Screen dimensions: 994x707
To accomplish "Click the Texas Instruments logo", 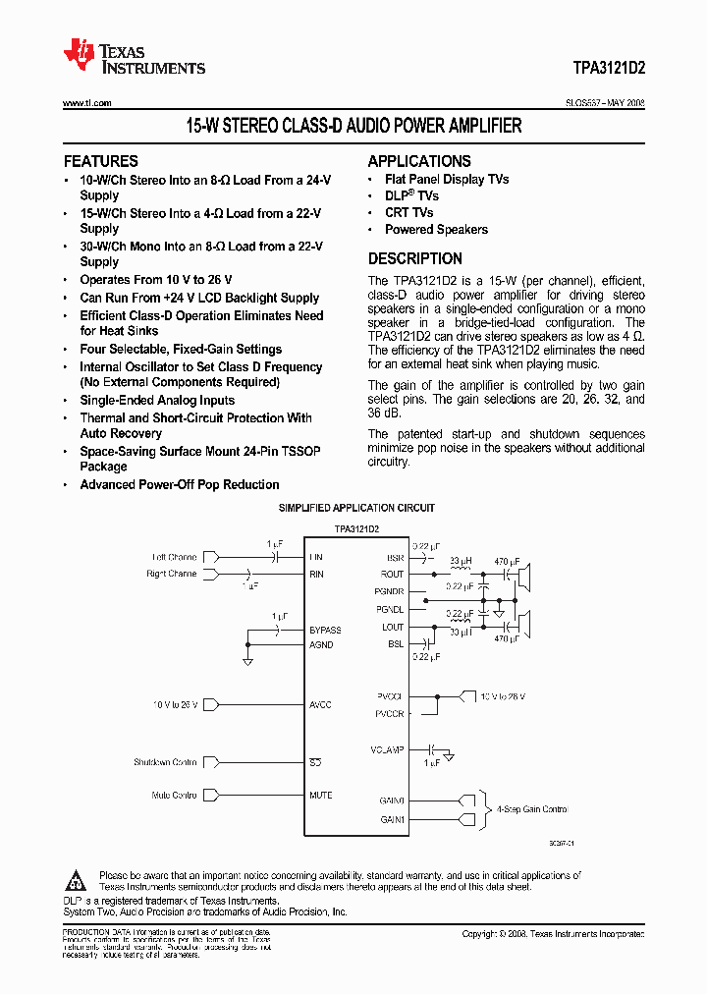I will point(133,57).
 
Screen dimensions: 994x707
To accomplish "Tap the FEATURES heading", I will point(101,161).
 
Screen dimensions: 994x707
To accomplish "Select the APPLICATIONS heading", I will point(419,161).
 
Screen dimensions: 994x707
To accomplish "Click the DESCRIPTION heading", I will point(414,259).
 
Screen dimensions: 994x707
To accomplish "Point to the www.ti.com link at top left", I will point(86,103).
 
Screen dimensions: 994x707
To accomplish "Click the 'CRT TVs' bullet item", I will point(408,212).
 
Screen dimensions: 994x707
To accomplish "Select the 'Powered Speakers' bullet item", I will point(436,229).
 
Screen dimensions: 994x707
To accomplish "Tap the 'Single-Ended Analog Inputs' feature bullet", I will point(157,400).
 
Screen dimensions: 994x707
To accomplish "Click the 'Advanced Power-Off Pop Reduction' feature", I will point(180,484).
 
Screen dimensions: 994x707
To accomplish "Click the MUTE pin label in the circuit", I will point(320,796).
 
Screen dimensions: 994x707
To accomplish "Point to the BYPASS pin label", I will point(325,631).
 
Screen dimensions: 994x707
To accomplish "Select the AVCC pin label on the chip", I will point(320,705).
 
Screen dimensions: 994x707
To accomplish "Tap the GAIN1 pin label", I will point(392,819).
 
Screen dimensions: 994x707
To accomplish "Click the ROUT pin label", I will point(393,575).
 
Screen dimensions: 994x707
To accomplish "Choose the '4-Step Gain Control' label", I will point(531,809).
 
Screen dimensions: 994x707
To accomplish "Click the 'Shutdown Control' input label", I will point(165,762).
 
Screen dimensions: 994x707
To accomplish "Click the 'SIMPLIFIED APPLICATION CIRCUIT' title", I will point(356,508).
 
